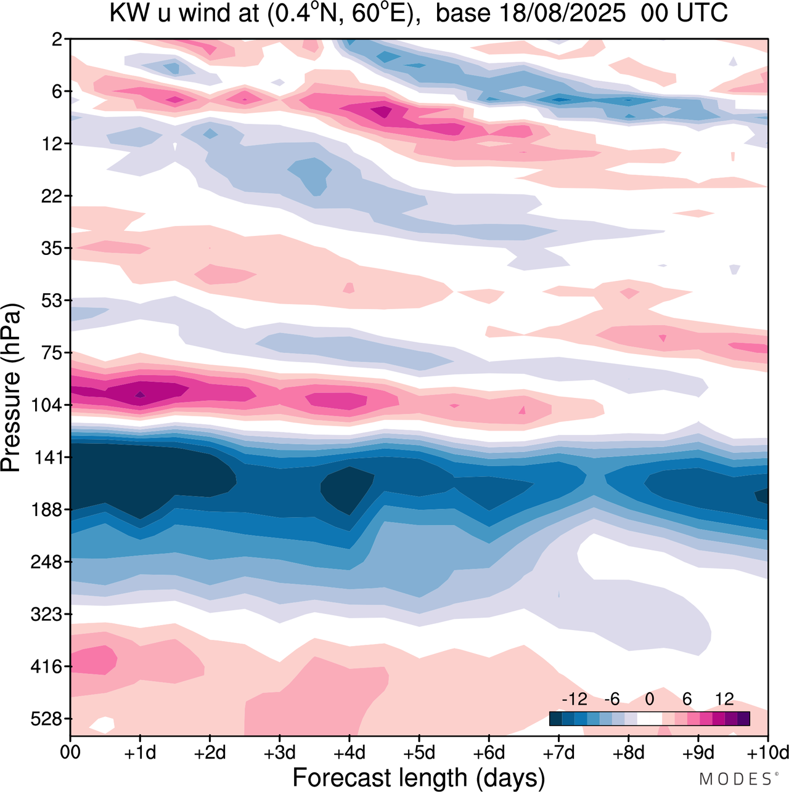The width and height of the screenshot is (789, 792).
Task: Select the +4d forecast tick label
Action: tap(349, 753)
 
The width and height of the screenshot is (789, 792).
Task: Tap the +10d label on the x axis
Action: tap(767, 753)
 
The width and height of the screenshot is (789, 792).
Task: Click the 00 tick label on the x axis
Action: tap(70, 753)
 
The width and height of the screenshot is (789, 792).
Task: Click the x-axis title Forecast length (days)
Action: tap(419, 777)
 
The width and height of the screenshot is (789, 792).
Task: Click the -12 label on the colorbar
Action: tap(574, 699)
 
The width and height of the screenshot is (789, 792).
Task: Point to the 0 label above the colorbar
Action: tap(649, 699)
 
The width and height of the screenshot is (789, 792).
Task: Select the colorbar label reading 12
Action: tap(724, 699)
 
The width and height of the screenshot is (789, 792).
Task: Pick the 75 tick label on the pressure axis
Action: tap(52, 353)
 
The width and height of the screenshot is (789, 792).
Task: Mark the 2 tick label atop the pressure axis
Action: tap(57, 39)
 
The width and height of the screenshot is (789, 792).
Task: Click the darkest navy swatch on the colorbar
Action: tap(556, 719)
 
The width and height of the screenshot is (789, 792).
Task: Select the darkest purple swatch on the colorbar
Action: tap(743, 719)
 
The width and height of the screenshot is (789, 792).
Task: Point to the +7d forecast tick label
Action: tap(558, 753)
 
